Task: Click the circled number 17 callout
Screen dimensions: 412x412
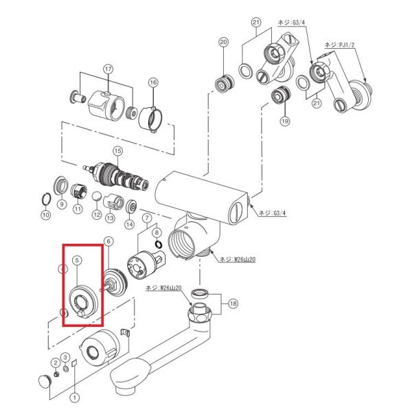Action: (107, 69)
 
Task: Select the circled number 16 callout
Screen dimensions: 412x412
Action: (152, 82)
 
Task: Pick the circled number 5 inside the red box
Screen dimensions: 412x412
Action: (77, 260)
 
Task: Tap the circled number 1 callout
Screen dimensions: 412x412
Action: (76, 396)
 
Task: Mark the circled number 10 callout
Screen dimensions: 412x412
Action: (46, 216)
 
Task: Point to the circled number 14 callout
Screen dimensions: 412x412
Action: (129, 224)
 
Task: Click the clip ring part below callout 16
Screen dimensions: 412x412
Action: (151, 114)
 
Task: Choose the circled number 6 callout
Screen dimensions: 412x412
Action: (107, 240)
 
